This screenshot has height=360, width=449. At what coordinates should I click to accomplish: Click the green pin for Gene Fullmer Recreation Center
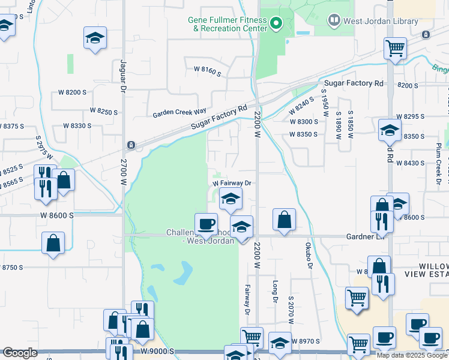(x=276, y=24)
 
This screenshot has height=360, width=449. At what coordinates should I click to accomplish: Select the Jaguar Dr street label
(x=122, y=76)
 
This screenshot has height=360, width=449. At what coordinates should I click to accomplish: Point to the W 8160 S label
(x=207, y=71)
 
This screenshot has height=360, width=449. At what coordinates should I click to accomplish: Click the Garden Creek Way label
(x=179, y=113)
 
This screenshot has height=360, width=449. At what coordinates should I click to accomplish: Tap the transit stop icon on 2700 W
(x=130, y=145)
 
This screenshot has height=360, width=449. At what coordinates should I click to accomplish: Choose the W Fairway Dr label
(x=231, y=183)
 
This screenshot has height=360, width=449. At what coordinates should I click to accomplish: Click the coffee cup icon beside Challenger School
(x=206, y=224)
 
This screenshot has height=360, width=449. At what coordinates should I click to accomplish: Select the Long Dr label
(x=276, y=292)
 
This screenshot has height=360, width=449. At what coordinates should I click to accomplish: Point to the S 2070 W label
(x=290, y=310)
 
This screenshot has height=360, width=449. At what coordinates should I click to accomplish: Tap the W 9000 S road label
(x=158, y=351)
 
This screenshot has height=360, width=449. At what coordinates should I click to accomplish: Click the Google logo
(x=20, y=353)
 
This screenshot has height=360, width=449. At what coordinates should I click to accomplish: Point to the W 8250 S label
(x=103, y=111)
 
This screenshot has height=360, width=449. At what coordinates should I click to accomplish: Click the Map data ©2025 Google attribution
(x=412, y=355)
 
